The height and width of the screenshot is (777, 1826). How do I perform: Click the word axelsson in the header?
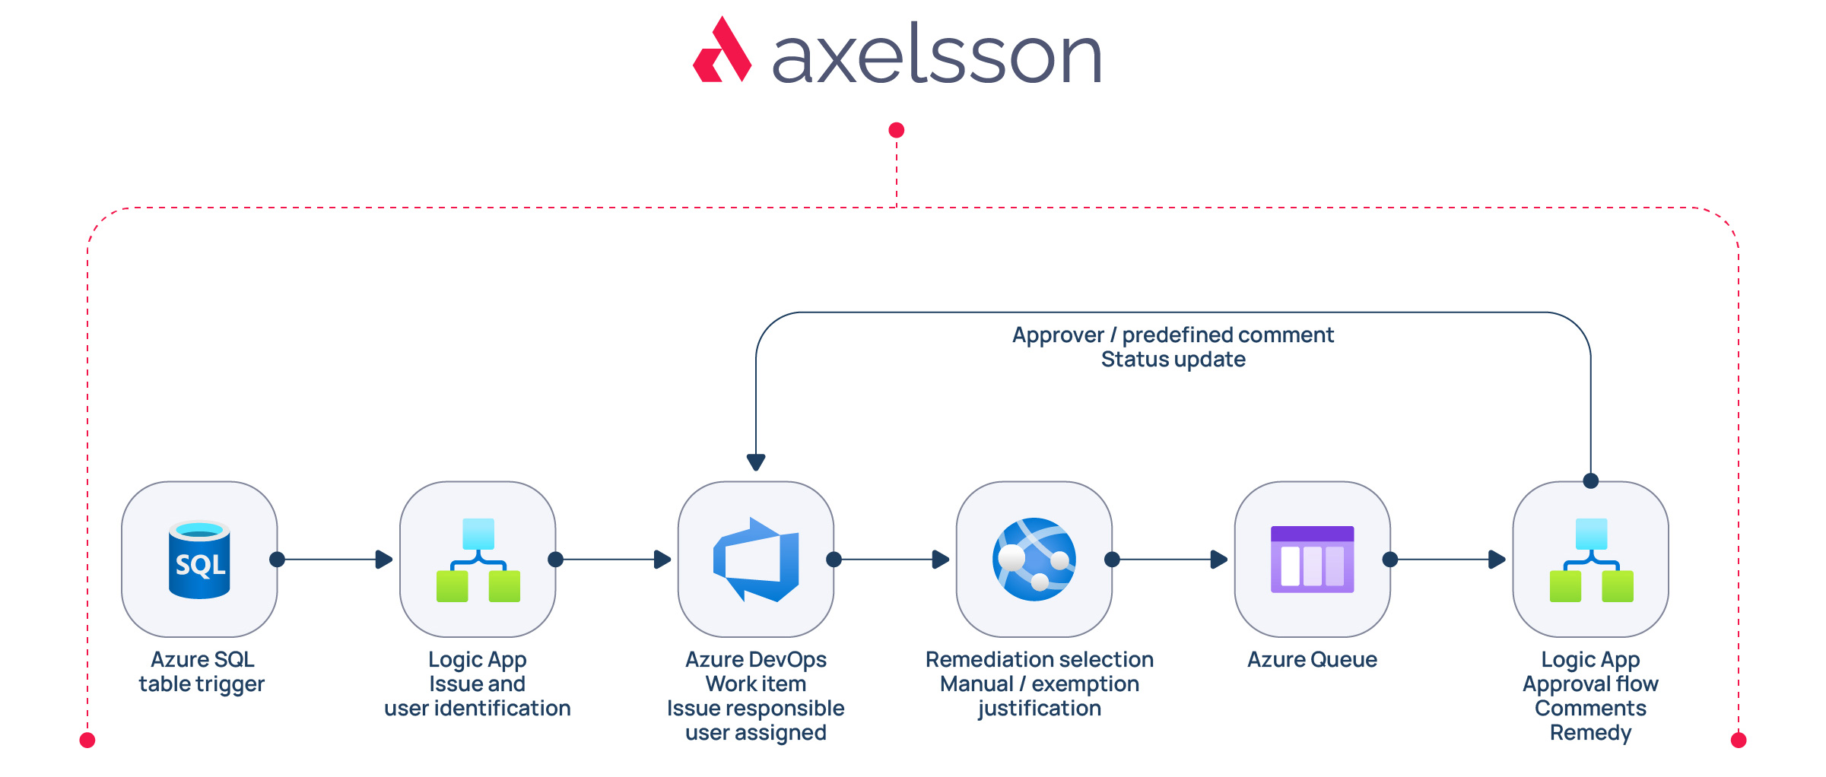(x=937, y=53)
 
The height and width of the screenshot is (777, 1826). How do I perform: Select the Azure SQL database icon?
(x=199, y=560)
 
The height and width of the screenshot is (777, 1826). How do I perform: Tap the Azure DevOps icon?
(x=756, y=560)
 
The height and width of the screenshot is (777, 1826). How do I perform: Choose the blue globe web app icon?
(x=1034, y=560)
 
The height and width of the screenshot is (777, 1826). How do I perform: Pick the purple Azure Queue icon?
(x=1313, y=560)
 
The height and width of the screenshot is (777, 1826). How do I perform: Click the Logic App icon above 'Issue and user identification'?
(x=478, y=560)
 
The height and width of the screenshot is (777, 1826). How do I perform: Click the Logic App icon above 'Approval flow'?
(x=1591, y=560)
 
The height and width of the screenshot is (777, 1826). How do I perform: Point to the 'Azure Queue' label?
(x=1313, y=660)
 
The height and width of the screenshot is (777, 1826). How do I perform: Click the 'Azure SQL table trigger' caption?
(x=202, y=672)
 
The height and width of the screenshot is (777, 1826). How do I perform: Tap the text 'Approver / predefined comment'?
(x=1173, y=335)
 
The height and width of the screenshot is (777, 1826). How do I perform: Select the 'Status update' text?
(x=1173, y=360)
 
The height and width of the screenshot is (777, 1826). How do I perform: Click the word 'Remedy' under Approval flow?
(x=1591, y=733)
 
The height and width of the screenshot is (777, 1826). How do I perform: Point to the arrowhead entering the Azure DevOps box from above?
(x=756, y=462)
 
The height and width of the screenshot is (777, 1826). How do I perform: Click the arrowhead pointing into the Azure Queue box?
(x=1219, y=560)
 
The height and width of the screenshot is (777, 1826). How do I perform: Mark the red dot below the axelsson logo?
(x=897, y=130)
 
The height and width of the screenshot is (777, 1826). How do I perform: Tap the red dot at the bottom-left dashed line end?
(x=87, y=740)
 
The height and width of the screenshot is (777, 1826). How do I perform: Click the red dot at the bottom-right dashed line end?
(x=1739, y=740)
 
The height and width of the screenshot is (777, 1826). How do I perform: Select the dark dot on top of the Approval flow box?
(x=1591, y=481)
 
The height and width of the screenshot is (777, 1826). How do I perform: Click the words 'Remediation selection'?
(x=1040, y=660)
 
